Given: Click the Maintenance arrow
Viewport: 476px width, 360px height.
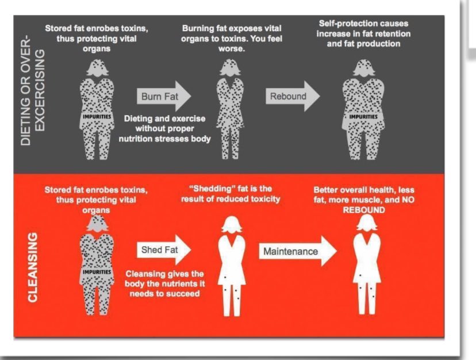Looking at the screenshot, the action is point(297,252).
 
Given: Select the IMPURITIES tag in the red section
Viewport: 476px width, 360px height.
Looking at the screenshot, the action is point(93,271).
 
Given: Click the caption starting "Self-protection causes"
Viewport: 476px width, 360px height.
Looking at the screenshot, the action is point(363,34).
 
